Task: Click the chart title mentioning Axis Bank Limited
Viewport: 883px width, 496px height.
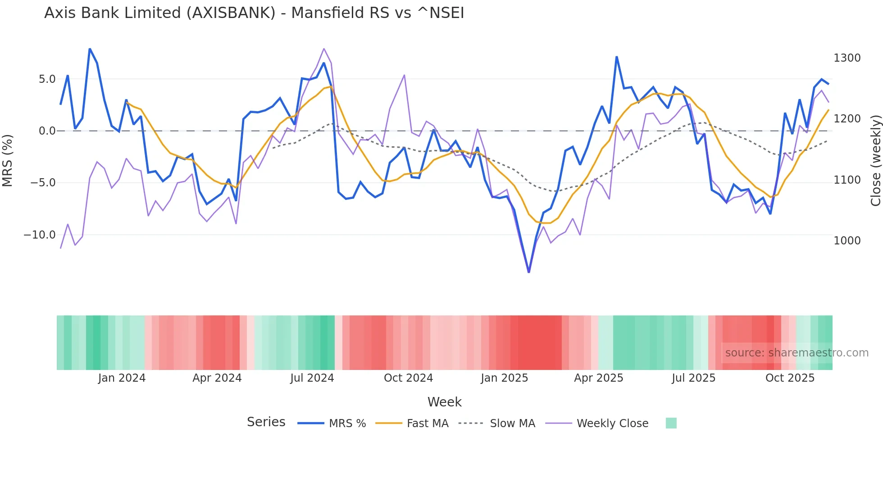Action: [x=254, y=13]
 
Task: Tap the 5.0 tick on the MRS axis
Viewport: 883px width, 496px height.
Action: [x=47, y=79]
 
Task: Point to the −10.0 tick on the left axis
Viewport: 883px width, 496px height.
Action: [x=40, y=235]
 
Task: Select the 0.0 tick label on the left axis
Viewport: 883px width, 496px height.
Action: [x=47, y=131]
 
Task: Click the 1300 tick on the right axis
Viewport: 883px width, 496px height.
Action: [x=847, y=58]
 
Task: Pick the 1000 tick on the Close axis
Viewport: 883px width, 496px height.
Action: [x=847, y=241]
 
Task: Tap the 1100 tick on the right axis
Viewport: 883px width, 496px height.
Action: [x=847, y=180]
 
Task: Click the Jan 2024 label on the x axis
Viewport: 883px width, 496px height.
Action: [x=122, y=378]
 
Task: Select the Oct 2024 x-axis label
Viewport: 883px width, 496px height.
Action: [x=408, y=378]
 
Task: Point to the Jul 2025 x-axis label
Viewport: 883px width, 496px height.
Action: [x=693, y=378]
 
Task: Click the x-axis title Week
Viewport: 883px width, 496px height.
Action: [x=444, y=402]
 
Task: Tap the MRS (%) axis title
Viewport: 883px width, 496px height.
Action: [x=8, y=160]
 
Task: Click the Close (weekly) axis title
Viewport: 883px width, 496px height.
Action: [x=875, y=161]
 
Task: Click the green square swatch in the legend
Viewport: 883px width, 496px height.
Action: [x=671, y=423]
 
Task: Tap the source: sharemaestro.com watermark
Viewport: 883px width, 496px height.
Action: [x=797, y=353]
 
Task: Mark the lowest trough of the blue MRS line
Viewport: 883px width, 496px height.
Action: [x=529, y=272]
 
